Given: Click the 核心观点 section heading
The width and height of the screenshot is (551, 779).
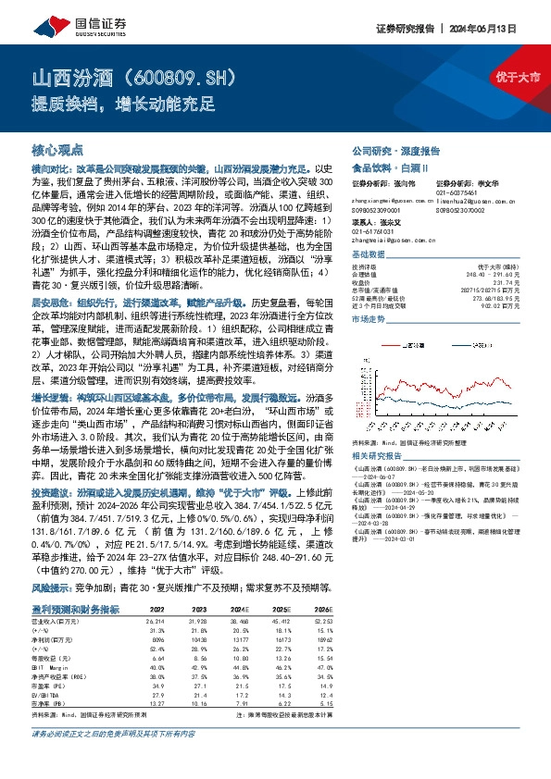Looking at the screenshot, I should pyautogui.click(x=57, y=149).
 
